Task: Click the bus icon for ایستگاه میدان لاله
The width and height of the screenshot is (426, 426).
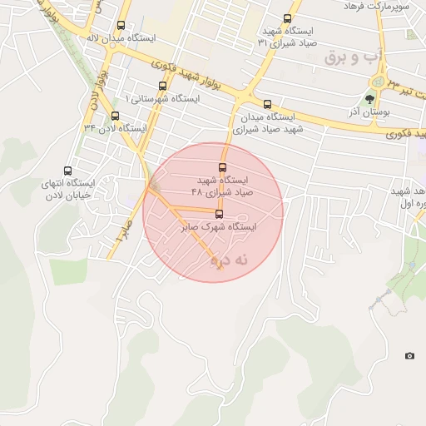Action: [x=121, y=25]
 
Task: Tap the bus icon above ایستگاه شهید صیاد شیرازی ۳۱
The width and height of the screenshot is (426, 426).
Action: [x=287, y=19]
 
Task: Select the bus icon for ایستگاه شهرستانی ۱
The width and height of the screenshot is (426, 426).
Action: [x=161, y=85]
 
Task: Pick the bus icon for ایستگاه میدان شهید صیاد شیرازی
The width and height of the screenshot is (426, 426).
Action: [x=267, y=105]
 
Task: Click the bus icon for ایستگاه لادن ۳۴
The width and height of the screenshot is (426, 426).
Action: [x=115, y=116]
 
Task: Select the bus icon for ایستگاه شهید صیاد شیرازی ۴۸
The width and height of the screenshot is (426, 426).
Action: [x=221, y=167]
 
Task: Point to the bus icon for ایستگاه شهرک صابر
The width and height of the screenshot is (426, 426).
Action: [x=219, y=214]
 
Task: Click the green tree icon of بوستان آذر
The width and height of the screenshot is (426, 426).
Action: [x=370, y=99]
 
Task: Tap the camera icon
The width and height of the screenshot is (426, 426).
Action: [x=409, y=356]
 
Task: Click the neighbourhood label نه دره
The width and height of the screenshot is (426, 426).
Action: [x=230, y=260]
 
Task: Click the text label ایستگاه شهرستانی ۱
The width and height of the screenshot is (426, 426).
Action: [x=162, y=98]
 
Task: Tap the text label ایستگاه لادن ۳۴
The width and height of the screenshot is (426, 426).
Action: [x=115, y=129]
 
